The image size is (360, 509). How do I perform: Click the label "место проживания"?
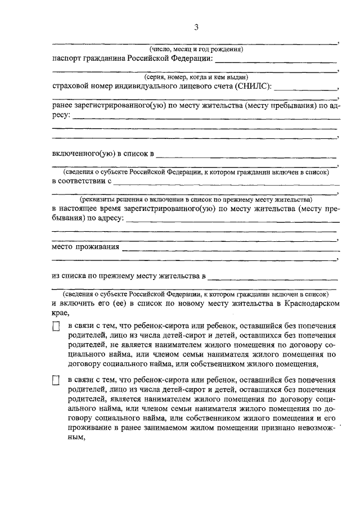(85, 247)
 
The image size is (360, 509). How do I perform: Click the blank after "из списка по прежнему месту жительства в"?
(272, 277)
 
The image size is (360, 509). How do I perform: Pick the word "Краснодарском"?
(311, 304)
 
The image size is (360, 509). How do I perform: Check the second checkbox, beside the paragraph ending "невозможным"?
(56, 381)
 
